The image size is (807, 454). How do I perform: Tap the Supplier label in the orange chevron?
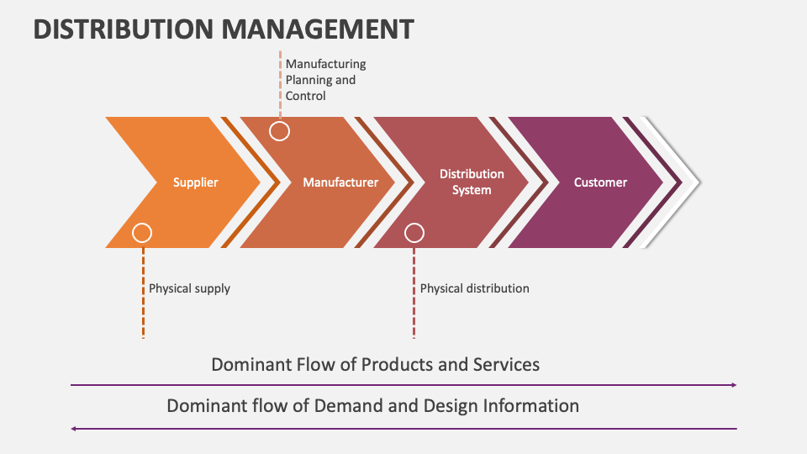(195, 182)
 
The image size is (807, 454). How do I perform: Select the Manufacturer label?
(340, 182)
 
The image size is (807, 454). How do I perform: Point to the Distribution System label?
(472, 182)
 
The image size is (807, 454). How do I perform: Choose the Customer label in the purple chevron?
(600, 182)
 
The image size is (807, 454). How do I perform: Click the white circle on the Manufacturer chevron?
(279, 131)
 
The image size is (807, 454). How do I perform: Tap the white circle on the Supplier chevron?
(143, 233)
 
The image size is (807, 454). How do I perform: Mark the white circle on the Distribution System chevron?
(414, 233)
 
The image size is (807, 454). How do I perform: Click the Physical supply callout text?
(189, 288)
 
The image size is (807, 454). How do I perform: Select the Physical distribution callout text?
(474, 288)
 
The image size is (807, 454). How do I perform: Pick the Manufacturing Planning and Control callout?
(325, 80)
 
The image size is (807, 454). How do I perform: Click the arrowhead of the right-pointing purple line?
(733, 385)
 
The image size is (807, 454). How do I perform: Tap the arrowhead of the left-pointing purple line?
(74, 429)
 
